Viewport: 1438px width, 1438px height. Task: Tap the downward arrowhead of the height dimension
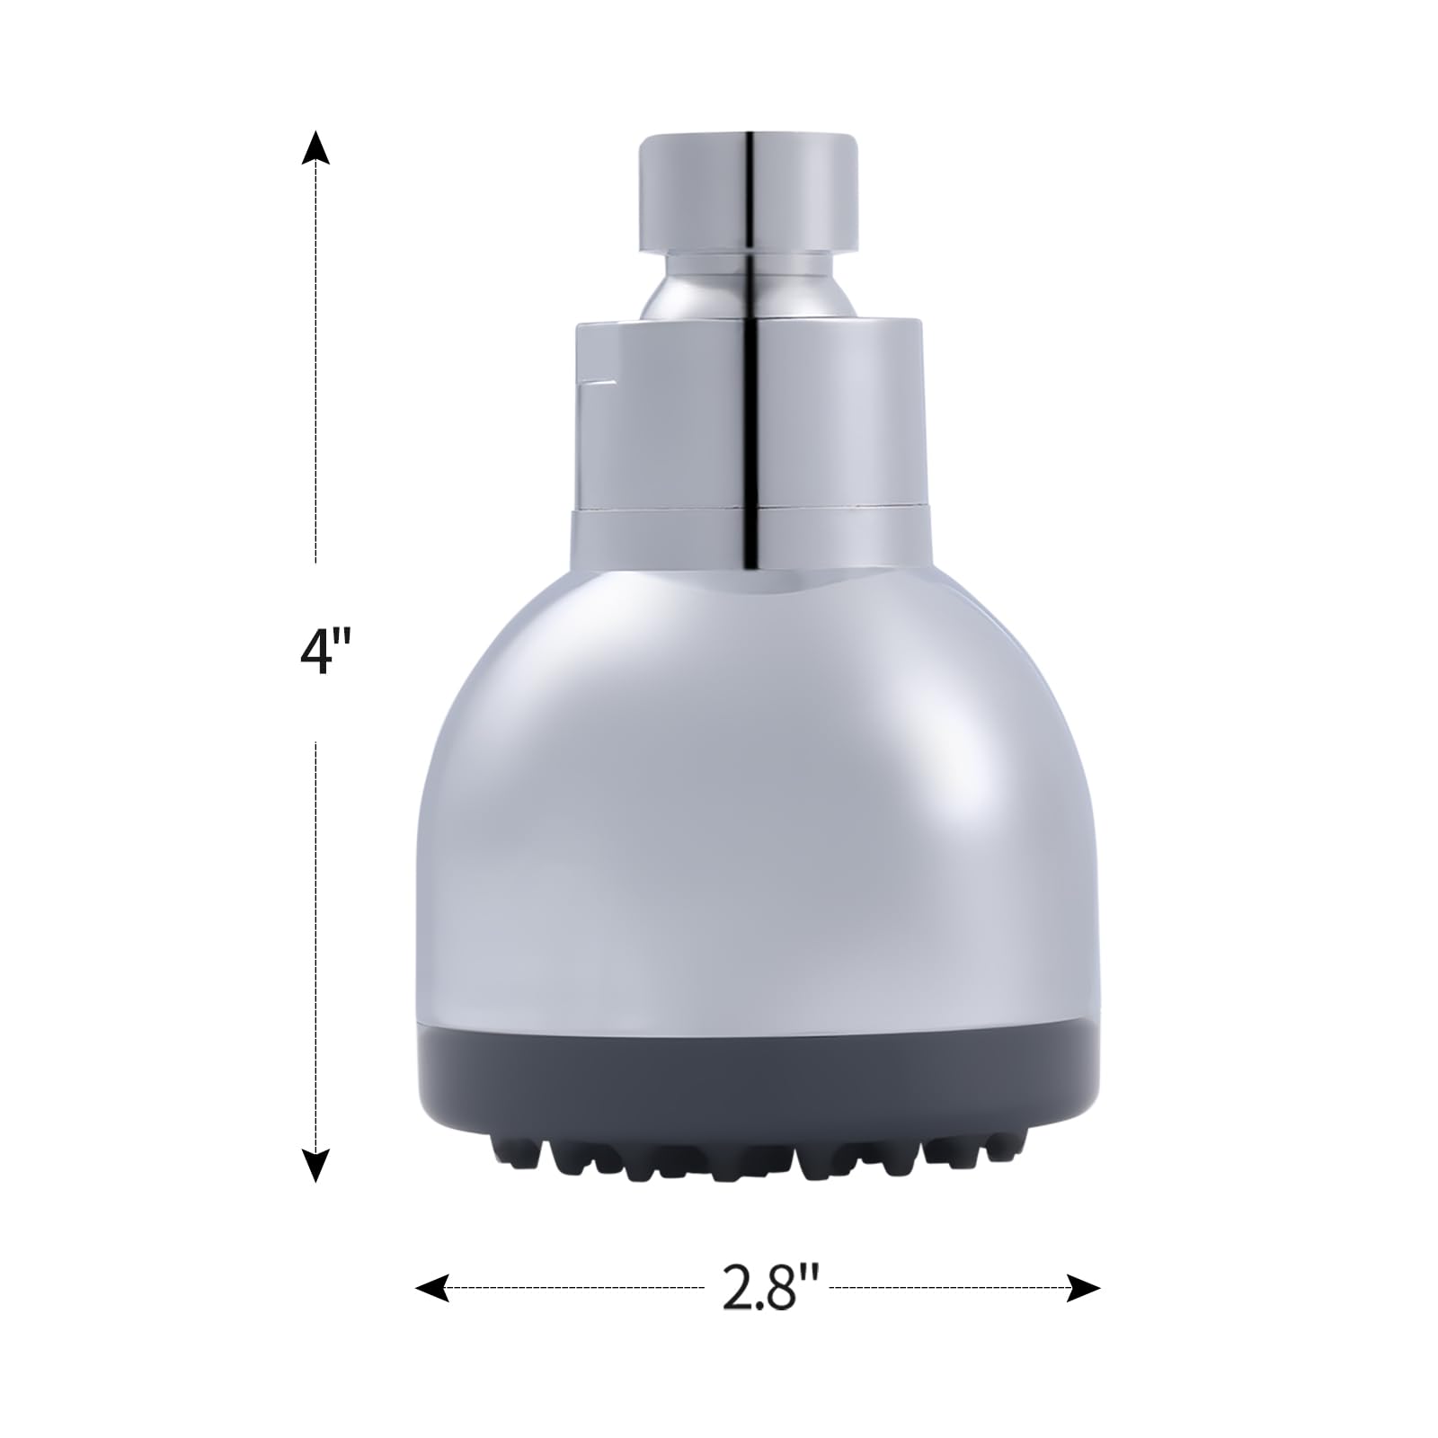[315, 1165]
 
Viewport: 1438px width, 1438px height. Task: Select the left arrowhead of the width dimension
[432, 1288]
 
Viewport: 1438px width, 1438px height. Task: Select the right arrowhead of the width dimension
[1083, 1288]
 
